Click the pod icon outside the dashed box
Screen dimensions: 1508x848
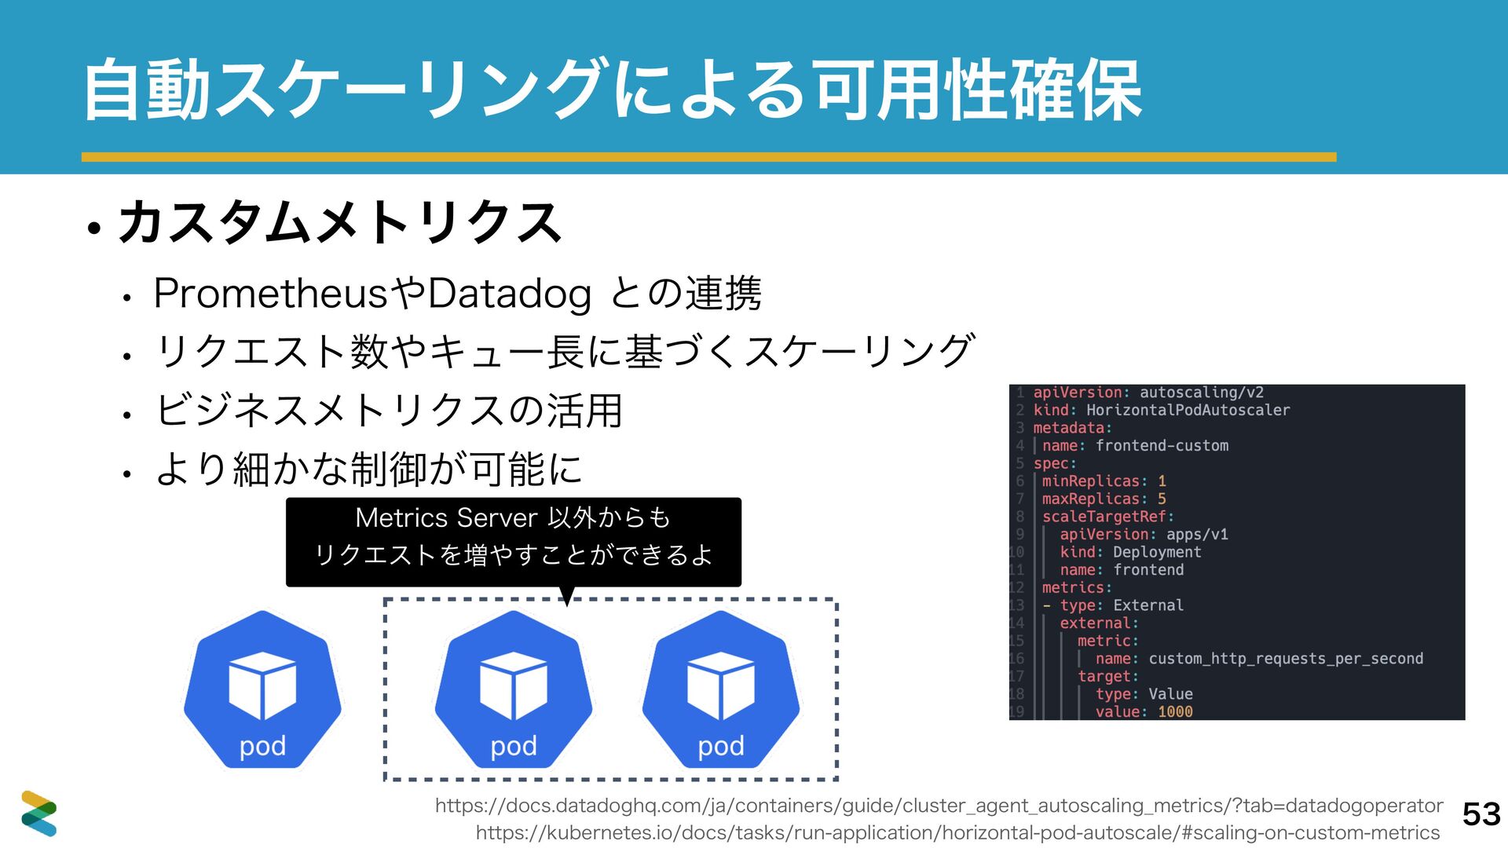click(x=262, y=689)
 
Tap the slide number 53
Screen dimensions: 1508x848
click(x=1481, y=814)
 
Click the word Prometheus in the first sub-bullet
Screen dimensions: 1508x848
click(x=271, y=294)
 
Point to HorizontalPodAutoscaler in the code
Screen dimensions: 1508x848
click(x=1188, y=410)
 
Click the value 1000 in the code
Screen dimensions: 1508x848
click(x=1175, y=711)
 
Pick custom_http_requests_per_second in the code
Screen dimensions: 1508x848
click(x=1286, y=659)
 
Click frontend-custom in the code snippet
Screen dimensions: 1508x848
click(x=1162, y=445)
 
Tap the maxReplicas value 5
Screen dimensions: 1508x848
click(x=1162, y=499)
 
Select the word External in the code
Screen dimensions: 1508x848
click(x=1148, y=605)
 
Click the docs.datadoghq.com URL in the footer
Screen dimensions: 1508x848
click(x=939, y=806)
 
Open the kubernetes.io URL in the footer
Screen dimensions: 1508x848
click(x=957, y=832)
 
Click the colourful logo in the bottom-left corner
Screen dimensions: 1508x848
click(x=38, y=813)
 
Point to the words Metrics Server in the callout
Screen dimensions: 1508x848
click(x=446, y=517)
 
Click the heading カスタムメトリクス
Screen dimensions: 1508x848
click(x=339, y=222)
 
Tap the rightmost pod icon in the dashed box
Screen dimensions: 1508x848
click(x=721, y=689)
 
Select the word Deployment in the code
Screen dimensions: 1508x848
click(x=1157, y=552)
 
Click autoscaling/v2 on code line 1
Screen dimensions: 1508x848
click(x=1202, y=393)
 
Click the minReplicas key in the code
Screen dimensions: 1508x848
click(x=1090, y=481)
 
